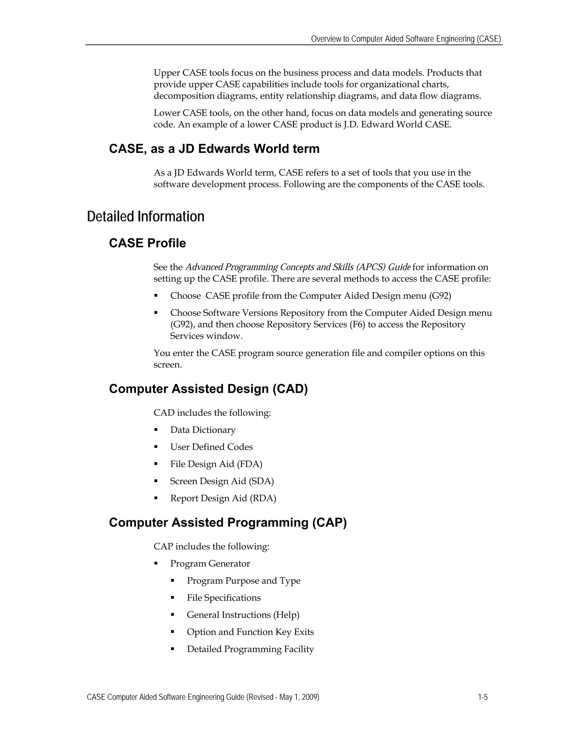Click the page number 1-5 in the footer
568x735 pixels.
483,697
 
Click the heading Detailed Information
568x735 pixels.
145,216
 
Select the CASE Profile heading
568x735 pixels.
147,243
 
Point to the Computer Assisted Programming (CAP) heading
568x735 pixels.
227,523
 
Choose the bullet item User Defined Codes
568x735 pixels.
211,447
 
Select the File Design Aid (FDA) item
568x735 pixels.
216,464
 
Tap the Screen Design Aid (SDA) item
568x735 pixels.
222,481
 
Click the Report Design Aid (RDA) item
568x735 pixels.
223,498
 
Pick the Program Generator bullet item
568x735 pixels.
210,564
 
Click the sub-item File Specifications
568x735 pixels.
224,598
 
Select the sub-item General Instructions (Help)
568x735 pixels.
243,615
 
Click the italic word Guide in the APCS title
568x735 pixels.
399,267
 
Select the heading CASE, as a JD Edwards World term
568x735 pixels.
214,149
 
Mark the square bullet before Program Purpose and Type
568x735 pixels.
173,581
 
